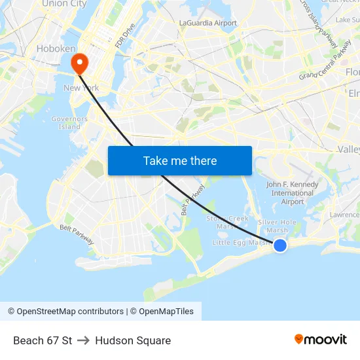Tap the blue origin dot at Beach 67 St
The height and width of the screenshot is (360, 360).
(279, 245)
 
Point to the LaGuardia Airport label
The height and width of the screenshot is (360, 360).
(208, 23)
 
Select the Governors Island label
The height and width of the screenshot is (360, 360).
(69, 122)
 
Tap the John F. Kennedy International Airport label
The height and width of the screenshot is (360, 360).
(293, 193)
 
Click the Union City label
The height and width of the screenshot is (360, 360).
(64, 4)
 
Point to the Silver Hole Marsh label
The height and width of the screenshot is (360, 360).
(278, 226)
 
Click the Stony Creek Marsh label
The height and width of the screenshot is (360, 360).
(227, 222)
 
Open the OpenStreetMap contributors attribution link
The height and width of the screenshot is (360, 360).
(65, 312)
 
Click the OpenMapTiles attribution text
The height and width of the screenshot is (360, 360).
(163, 312)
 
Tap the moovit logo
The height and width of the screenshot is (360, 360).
(320, 339)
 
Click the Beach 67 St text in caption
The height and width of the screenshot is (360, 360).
(43, 340)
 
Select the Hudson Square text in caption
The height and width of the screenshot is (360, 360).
(133, 340)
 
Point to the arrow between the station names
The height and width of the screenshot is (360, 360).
(83, 340)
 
